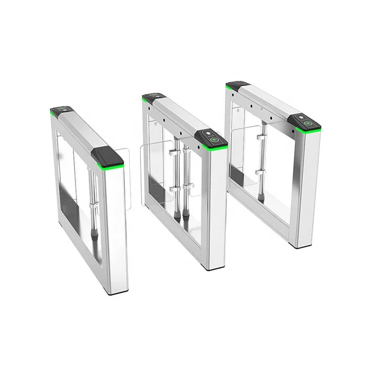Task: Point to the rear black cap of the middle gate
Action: [x=153, y=98]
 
